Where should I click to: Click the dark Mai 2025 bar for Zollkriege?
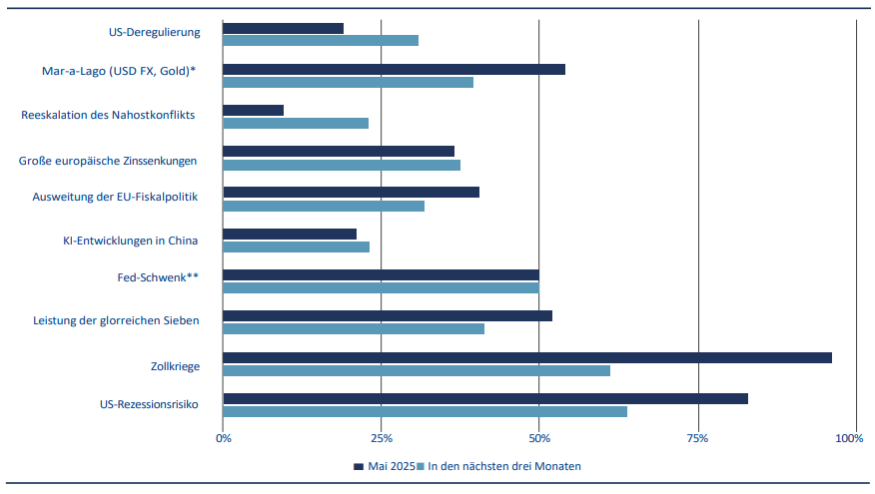pos(526,357)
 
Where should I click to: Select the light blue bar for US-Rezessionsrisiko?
pos(425,411)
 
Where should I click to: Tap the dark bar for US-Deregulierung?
pos(283,28)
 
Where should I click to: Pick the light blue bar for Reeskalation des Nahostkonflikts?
pos(296,123)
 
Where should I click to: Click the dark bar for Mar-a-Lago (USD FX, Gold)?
pos(394,69)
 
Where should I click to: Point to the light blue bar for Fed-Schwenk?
pos(381,287)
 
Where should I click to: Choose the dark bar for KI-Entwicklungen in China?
pos(290,234)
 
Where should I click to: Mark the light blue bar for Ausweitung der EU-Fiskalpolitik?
pos(324,206)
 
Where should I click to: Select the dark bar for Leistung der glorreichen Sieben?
pos(388,315)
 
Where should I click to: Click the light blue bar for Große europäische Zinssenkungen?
pos(342,165)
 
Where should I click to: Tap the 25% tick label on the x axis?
pos(380,438)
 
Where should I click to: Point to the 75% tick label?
pos(697,438)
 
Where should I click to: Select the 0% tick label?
pos(224,438)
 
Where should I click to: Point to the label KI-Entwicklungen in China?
pos(130,241)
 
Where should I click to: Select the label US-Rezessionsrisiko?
pos(150,405)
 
